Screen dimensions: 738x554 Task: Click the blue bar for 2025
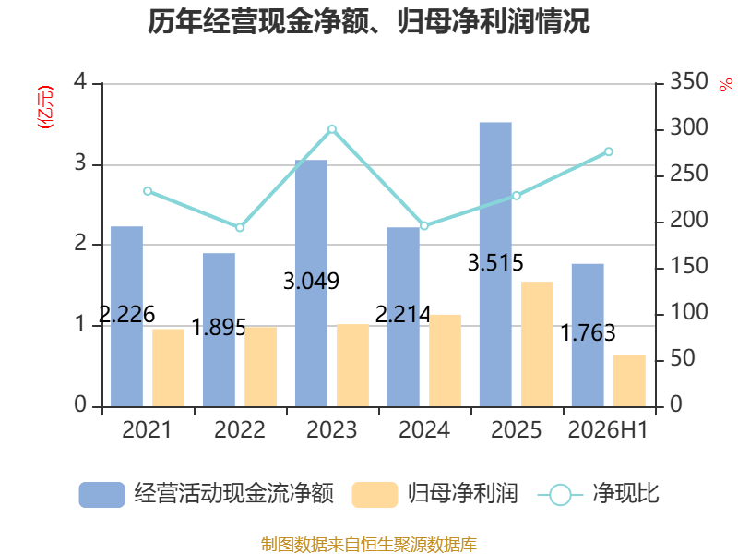[x=495, y=264]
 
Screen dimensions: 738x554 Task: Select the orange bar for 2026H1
[x=629, y=380]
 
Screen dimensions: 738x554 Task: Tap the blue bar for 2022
[x=219, y=330]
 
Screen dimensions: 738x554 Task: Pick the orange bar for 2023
[x=353, y=366]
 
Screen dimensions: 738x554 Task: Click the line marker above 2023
[x=332, y=129]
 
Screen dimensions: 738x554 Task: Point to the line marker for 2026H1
[x=609, y=151]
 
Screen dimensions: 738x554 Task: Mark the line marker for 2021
[x=148, y=191]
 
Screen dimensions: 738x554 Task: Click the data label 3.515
[x=495, y=263]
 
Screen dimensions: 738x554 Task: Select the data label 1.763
[x=588, y=333]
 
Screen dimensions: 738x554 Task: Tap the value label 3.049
[x=311, y=282]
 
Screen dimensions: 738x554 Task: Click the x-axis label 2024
[x=424, y=429]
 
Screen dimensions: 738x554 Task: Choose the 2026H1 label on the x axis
[x=608, y=429]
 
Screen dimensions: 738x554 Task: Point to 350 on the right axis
[x=688, y=81]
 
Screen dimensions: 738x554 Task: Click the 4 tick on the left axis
[x=80, y=81]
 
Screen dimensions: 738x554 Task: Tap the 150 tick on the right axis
[x=688, y=266]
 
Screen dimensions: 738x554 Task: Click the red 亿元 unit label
[x=45, y=107]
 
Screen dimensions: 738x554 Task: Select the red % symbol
[x=725, y=85]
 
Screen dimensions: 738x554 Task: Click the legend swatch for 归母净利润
[x=375, y=495]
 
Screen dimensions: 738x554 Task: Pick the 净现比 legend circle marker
[x=560, y=495]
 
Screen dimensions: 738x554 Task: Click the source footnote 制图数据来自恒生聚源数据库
[x=369, y=545]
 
